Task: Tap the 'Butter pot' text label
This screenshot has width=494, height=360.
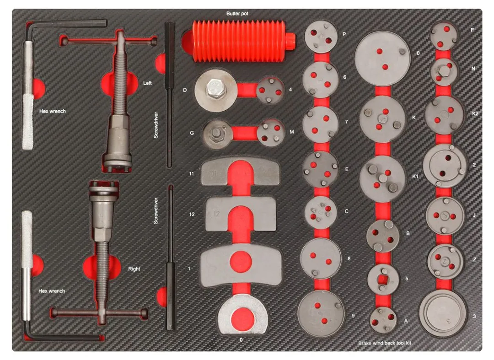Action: pyautogui.click(x=237, y=14)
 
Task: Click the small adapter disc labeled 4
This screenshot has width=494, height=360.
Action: pyautogui.click(x=270, y=91)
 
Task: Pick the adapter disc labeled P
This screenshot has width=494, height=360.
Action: pyautogui.click(x=321, y=37)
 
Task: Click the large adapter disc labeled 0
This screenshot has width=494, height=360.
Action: pyautogui.click(x=382, y=59)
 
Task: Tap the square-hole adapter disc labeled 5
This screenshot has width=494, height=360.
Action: pyautogui.click(x=383, y=279)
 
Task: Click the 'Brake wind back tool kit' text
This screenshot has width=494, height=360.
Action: pyautogui.click(x=384, y=343)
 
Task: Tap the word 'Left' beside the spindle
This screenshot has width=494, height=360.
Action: pyautogui.click(x=147, y=83)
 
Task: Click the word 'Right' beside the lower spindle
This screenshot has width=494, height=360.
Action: pyautogui.click(x=134, y=269)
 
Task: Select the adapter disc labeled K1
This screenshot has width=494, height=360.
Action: pyautogui.click(x=382, y=179)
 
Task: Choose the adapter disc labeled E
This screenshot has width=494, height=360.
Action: pyautogui.click(x=320, y=169)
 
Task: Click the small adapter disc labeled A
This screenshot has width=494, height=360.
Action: pyautogui.click(x=383, y=320)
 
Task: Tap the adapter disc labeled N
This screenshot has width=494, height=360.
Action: pyautogui.click(x=444, y=72)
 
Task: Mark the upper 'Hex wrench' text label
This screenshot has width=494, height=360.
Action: pyautogui.click(x=52, y=111)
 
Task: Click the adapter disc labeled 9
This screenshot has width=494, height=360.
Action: pyautogui.click(x=321, y=313)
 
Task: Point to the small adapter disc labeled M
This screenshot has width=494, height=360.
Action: pyautogui.click(x=271, y=133)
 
